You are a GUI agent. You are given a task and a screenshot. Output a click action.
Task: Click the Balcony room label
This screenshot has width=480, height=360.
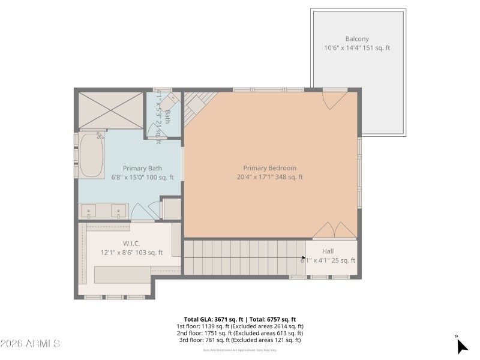click(x=357, y=39)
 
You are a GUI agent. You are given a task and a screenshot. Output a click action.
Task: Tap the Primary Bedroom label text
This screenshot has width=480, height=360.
click(x=269, y=168)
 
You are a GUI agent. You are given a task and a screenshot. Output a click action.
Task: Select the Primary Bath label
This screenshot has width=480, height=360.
click(x=142, y=169)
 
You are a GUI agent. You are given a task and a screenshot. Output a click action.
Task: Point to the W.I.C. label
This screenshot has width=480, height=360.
click(x=131, y=244)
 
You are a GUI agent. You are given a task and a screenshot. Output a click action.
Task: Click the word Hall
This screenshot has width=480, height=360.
click(x=328, y=251)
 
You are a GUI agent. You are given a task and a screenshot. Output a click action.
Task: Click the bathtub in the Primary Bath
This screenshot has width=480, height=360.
click(x=92, y=155)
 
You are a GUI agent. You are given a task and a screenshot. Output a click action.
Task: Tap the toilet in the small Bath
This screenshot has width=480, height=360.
click(x=170, y=100)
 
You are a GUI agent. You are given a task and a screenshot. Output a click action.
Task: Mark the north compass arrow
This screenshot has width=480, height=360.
click(x=461, y=346)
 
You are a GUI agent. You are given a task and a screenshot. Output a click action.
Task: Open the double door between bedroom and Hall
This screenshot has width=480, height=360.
click(x=334, y=230)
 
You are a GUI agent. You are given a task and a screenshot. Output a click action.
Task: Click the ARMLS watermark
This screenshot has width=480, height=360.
click(x=30, y=344)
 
